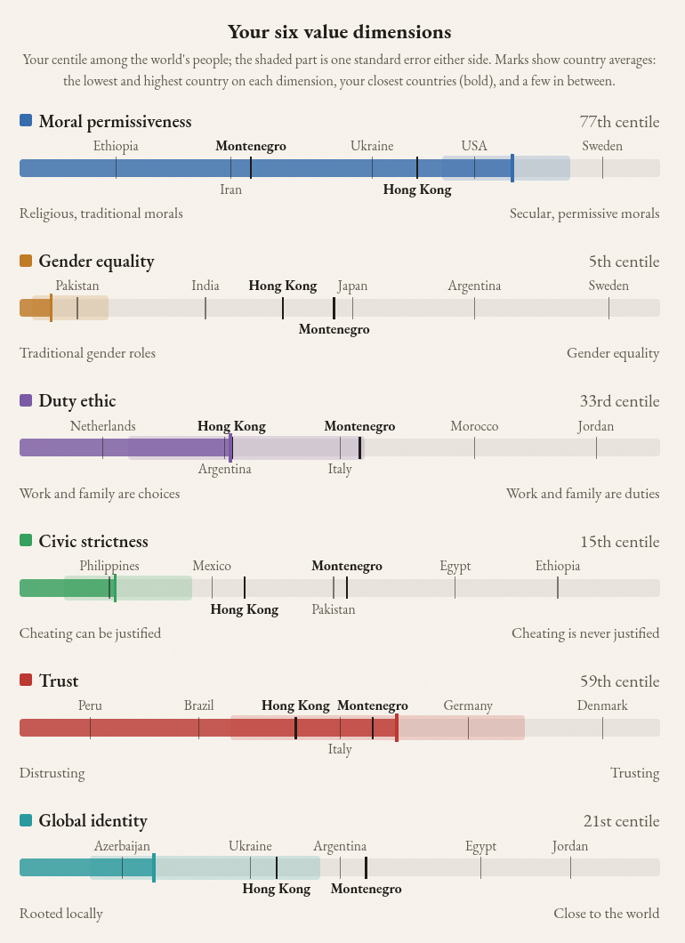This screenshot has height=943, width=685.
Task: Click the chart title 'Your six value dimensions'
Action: (x=339, y=32)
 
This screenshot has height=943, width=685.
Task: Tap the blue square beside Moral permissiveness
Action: (x=26, y=120)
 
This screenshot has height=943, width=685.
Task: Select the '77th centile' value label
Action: (x=619, y=122)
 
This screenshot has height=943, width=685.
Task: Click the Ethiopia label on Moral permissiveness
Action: (x=116, y=146)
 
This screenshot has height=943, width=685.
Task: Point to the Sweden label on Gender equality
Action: (x=608, y=286)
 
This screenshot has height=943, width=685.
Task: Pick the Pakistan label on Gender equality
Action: (x=77, y=286)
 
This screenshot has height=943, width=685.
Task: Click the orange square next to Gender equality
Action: (x=26, y=261)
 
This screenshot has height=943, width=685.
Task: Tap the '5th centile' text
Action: (x=625, y=262)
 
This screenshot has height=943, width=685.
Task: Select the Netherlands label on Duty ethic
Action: (x=103, y=426)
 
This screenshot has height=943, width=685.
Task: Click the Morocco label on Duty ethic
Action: (x=474, y=426)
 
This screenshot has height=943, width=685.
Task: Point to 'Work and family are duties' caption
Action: (x=583, y=494)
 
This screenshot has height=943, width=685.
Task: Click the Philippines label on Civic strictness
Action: (x=109, y=566)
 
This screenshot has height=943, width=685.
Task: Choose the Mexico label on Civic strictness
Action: (x=212, y=566)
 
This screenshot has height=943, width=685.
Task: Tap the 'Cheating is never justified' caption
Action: (x=585, y=633)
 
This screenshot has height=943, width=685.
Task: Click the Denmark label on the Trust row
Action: (x=602, y=705)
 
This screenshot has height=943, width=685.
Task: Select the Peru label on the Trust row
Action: (x=90, y=705)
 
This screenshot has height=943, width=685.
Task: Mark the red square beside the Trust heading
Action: (x=26, y=680)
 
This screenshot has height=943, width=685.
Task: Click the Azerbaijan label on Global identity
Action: (x=122, y=846)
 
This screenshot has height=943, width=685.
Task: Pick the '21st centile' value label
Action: (x=621, y=821)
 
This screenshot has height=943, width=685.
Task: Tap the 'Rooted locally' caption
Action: (x=61, y=914)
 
